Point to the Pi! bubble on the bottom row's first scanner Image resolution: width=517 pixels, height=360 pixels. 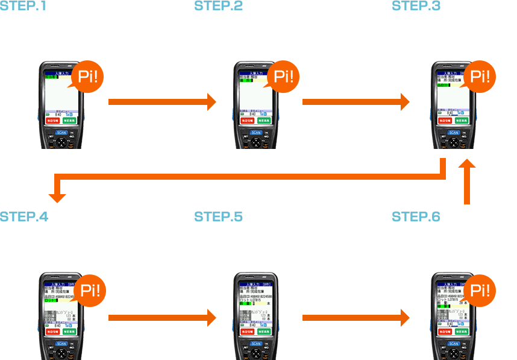(90, 290)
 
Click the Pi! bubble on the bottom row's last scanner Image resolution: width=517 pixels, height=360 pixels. (480, 290)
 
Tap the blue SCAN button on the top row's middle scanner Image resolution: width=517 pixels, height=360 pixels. (256, 132)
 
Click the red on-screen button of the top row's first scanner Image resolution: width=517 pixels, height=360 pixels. (52, 121)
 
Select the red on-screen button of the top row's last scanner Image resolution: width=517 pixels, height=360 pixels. (445, 121)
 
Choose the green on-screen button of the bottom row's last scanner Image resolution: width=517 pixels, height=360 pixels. (462, 332)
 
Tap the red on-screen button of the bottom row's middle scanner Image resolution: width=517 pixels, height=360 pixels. (247, 332)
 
